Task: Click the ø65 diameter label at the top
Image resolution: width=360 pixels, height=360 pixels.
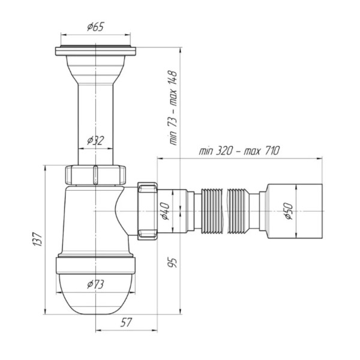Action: coord(95,26)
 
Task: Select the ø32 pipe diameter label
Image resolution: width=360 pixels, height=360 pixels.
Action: coord(95,140)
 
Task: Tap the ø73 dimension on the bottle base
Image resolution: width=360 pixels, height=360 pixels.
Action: coord(95,284)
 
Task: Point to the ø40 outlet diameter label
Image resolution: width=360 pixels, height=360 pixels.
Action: coord(166,211)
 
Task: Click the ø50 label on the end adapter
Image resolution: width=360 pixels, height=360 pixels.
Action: coord(289,211)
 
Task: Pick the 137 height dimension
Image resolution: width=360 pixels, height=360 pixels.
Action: coord(38,239)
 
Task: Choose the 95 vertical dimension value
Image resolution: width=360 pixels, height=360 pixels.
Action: coord(173,263)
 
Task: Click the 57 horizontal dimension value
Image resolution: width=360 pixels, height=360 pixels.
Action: coord(126,322)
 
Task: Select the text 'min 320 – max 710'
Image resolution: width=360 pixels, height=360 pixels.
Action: coord(239,151)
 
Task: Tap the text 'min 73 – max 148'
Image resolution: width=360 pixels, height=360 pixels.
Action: coord(173,108)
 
